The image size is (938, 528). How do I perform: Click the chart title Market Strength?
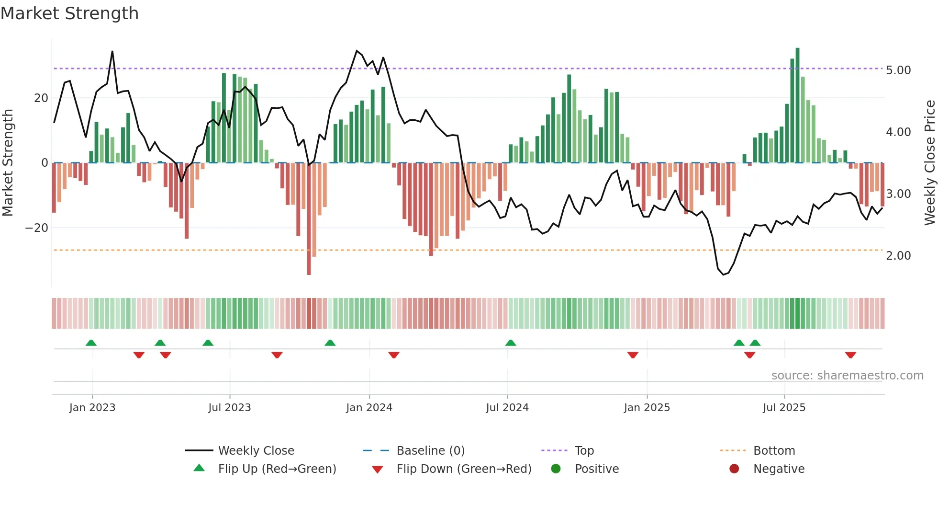(69, 13)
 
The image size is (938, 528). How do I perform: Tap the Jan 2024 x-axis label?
(369, 408)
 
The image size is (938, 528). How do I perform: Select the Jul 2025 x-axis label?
(784, 408)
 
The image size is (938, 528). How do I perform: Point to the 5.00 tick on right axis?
(898, 70)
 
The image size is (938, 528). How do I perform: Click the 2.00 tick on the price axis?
(898, 256)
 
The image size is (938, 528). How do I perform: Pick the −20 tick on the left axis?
(36, 228)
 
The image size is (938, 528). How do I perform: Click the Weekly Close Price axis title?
(929, 163)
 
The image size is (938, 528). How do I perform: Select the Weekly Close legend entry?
(256, 451)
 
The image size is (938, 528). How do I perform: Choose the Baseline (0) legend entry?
(430, 451)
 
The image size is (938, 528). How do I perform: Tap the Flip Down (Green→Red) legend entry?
(463, 469)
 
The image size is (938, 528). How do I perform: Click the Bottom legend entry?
(774, 451)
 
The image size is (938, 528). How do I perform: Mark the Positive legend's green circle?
(556, 469)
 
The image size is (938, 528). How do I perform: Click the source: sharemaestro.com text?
(847, 376)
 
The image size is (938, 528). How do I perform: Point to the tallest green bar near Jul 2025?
(797, 105)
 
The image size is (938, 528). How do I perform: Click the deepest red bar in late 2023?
(309, 220)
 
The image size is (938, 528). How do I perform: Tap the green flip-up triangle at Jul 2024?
(511, 343)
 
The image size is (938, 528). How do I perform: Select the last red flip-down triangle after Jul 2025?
(850, 355)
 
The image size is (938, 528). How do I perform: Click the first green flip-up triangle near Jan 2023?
(91, 343)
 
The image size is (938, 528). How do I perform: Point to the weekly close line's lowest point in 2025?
(723, 275)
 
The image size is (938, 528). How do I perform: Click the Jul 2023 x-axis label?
(229, 408)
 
